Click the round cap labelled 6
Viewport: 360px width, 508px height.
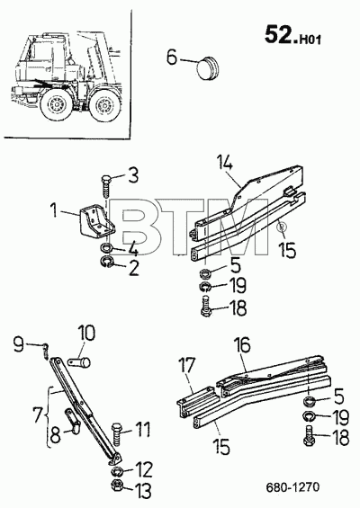pos(208,68)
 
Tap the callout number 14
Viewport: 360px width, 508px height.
pos(225,164)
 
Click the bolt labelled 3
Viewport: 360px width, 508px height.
pos(106,186)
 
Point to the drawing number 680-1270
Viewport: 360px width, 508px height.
pos(292,487)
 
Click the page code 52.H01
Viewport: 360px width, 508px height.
pos(292,35)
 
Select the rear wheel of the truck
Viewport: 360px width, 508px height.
pos(104,105)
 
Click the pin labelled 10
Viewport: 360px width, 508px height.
pos(80,361)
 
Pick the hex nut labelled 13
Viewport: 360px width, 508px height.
pos(116,485)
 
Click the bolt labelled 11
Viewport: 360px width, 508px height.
pos(116,435)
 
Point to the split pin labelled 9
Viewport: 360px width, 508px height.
pos(46,351)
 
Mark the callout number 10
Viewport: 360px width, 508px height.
pos(85,334)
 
